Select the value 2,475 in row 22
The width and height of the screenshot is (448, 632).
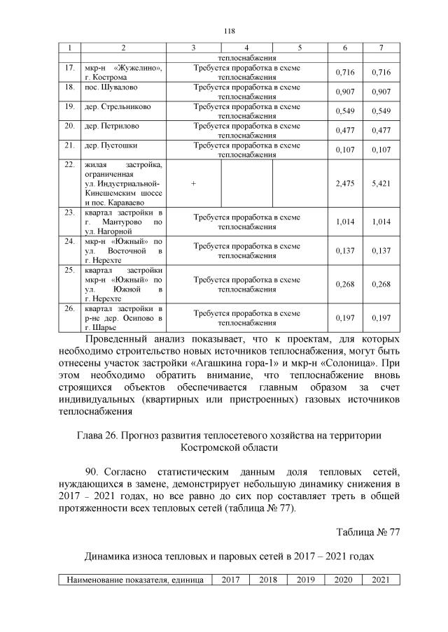(x=344, y=182)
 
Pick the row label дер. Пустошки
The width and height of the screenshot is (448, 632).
(x=111, y=145)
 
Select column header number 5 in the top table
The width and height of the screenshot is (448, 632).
(x=299, y=48)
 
